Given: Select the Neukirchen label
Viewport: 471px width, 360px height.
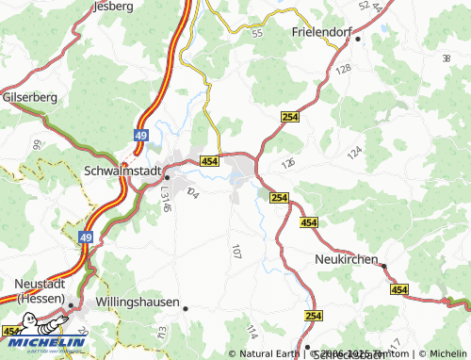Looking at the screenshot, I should click(x=345, y=258).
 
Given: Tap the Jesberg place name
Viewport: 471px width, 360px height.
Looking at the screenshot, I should click(x=112, y=6).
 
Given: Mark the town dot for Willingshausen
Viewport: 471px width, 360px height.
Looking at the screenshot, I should click(x=186, y=308).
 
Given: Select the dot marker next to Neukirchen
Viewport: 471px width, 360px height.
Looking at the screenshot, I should click(x=383, y=266).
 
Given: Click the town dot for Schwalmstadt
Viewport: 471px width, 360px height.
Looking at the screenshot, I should click(x=167, y=175).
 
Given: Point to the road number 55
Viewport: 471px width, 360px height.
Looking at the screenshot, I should click(x=257, y=33).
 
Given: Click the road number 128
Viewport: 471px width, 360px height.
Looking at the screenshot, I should click(x=342, y=70).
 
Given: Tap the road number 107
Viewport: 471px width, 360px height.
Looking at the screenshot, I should click(x=235, y=252).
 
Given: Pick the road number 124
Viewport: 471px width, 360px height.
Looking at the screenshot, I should click(x=354, y=151).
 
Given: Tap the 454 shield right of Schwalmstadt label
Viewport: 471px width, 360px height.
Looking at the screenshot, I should click(x=209, y=162).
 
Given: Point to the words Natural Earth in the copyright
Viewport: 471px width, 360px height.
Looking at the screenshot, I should click(x=268, y=353).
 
